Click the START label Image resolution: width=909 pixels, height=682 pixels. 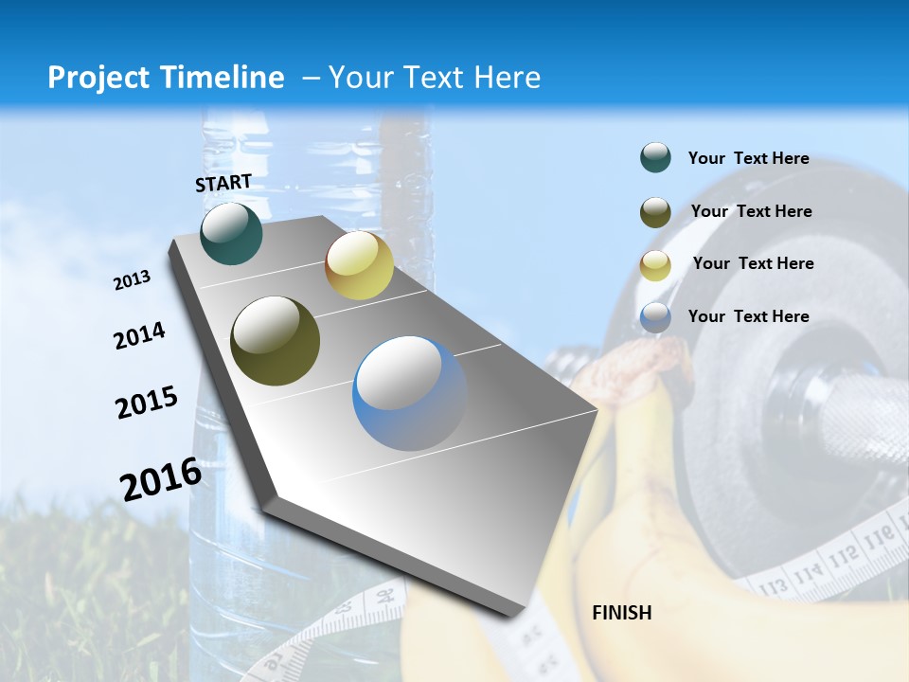tap(223, 183)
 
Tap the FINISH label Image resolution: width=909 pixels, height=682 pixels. tap(621, 613)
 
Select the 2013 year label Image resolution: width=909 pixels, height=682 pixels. tap(133, 280)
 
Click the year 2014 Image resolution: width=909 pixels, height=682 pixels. tap(139, 335)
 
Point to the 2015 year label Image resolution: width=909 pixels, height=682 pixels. tap(147, 403)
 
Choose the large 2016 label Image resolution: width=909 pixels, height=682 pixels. tap(161, 478)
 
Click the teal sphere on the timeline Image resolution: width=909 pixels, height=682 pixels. tap(231, 233)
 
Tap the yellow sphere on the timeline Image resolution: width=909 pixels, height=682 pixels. tap(359, 265)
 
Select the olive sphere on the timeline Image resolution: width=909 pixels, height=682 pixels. tap(276, 341)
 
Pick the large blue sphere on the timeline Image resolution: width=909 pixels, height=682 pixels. tap(410, 393)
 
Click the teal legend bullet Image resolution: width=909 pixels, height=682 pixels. tap(655, 158)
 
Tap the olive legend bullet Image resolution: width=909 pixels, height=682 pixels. tap(655, 211)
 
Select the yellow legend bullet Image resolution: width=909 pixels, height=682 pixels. tap(655, 264)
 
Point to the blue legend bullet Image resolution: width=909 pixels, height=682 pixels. tap(655, 317)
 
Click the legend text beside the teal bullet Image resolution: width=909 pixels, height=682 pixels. tap(748, 158)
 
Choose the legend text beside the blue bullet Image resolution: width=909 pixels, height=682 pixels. tap(748, 316)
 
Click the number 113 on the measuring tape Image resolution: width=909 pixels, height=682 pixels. tap(773, 584)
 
